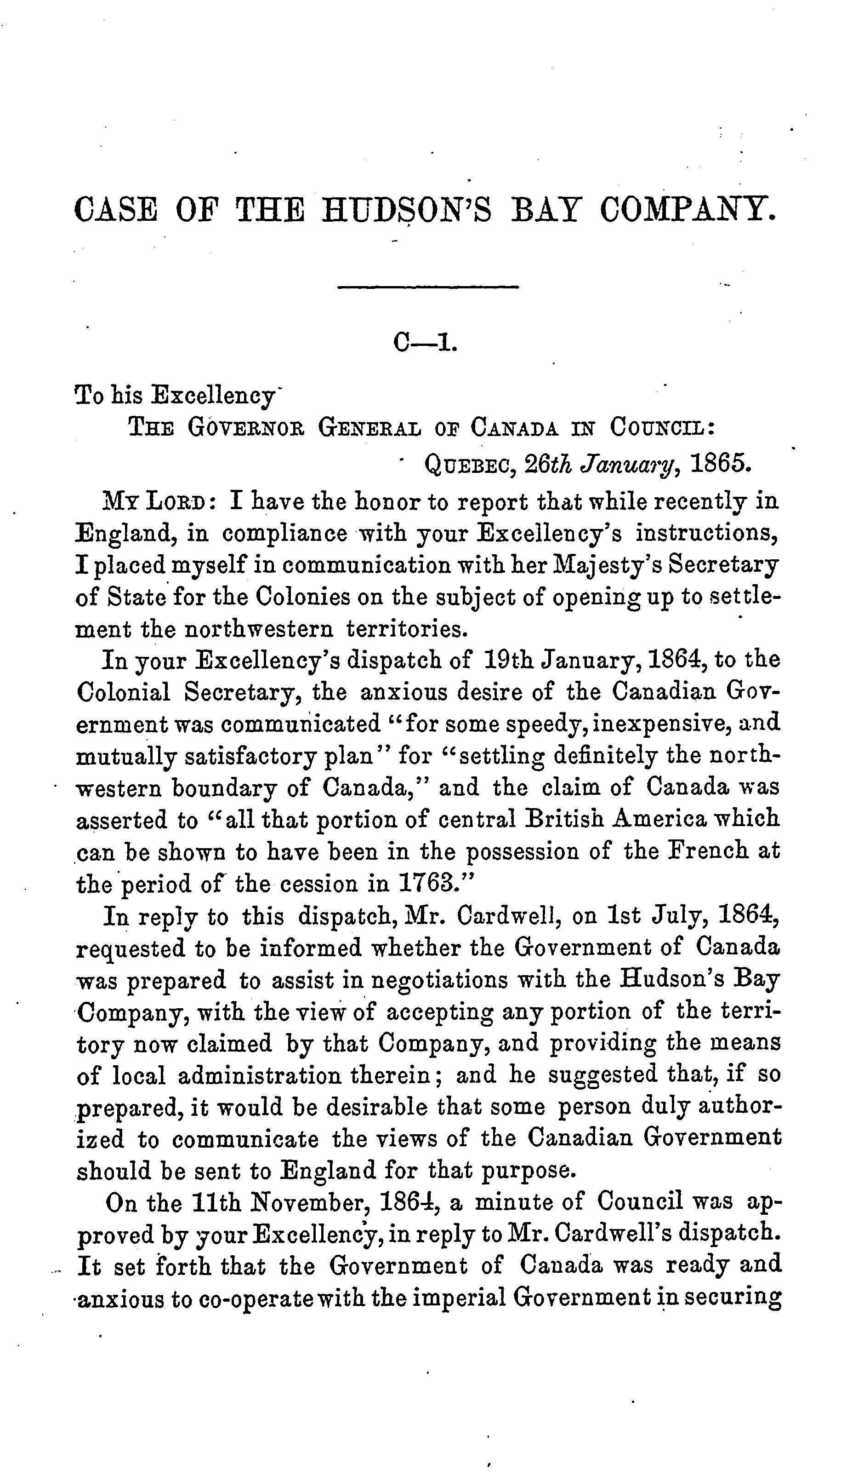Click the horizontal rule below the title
click(x=428, y=287)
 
